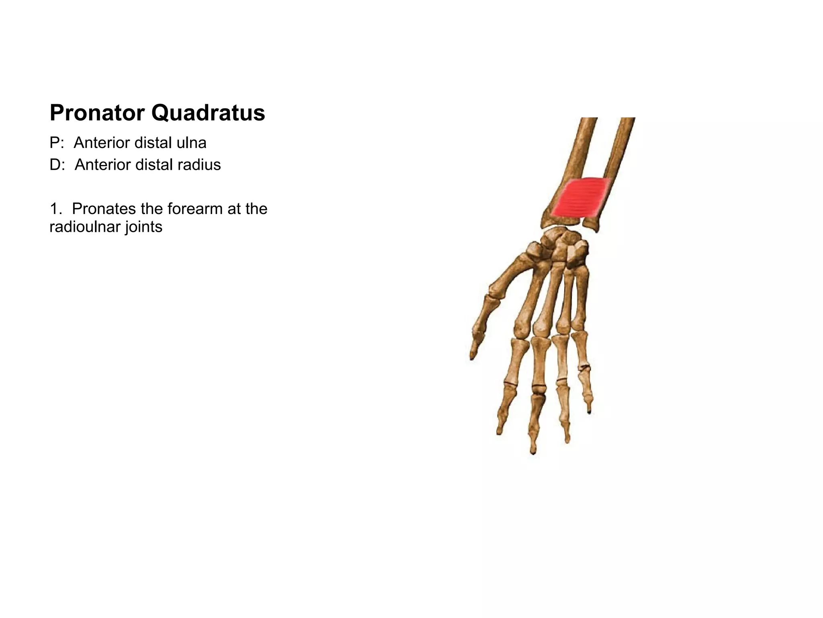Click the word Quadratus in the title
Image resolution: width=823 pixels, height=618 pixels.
[208, 113]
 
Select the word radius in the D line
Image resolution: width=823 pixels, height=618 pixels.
[199, 165]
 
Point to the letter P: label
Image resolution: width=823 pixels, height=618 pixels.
[57, 143]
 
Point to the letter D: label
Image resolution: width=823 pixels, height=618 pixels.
[57, 165]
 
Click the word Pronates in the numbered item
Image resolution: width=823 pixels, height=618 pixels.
[103, 209]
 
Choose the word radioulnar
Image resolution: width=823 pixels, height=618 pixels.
[85, 227]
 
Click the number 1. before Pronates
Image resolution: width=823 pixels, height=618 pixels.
[56, 209]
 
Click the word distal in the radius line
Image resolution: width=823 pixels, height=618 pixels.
[155, 165]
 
